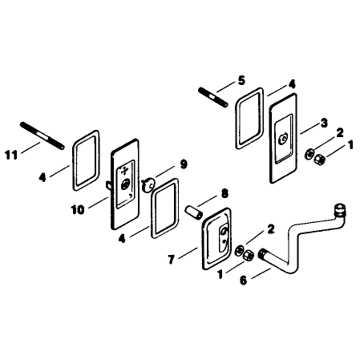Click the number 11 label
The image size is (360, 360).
(11, 155)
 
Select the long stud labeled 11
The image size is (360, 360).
(42, 136)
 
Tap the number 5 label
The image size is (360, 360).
(241, 80)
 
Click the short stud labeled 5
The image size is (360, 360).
(213, 97)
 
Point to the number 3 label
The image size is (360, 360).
(324, 123)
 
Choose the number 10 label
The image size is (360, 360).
(78, 210)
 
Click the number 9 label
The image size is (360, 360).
(184, 164)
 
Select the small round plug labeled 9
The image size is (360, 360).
(148, 185)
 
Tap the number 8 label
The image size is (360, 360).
(224, 193)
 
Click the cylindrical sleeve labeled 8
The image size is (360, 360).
(194, 212)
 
